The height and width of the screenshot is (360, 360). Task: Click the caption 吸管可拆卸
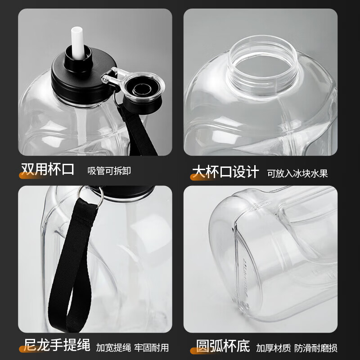pyautogui.click(x=109, y=171)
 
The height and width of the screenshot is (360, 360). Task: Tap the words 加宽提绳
pyautogui.click(x=113, y=347)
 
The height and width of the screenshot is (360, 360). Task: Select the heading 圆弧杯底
pyautogui.click(x=223, y=346)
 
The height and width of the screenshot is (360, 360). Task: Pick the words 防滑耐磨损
pyautogui.click(x=316, y=348)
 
